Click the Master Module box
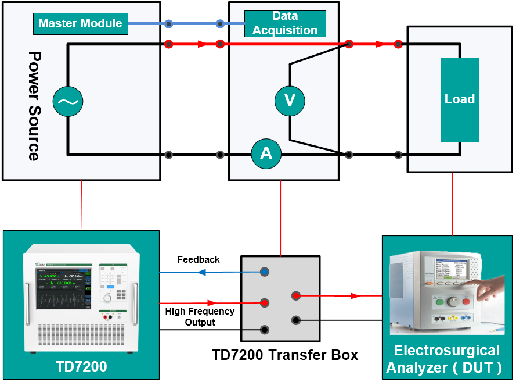(x=80, y=24)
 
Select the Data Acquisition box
(x=285, y=23)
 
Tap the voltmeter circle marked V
(x=289, y=101)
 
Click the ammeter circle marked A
(x=266, y=153)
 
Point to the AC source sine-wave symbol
(x=68, y=102)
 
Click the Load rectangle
(x=460, y=99)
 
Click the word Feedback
(x=199, y=259)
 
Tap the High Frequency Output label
(x=200, y=316)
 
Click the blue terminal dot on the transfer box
(x=265, y=272)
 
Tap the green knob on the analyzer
(x=441, y=302)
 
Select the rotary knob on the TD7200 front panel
(x=107, y=298)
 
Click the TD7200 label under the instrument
(x=81, y=366)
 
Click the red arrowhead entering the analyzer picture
(x=354, y=296)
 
